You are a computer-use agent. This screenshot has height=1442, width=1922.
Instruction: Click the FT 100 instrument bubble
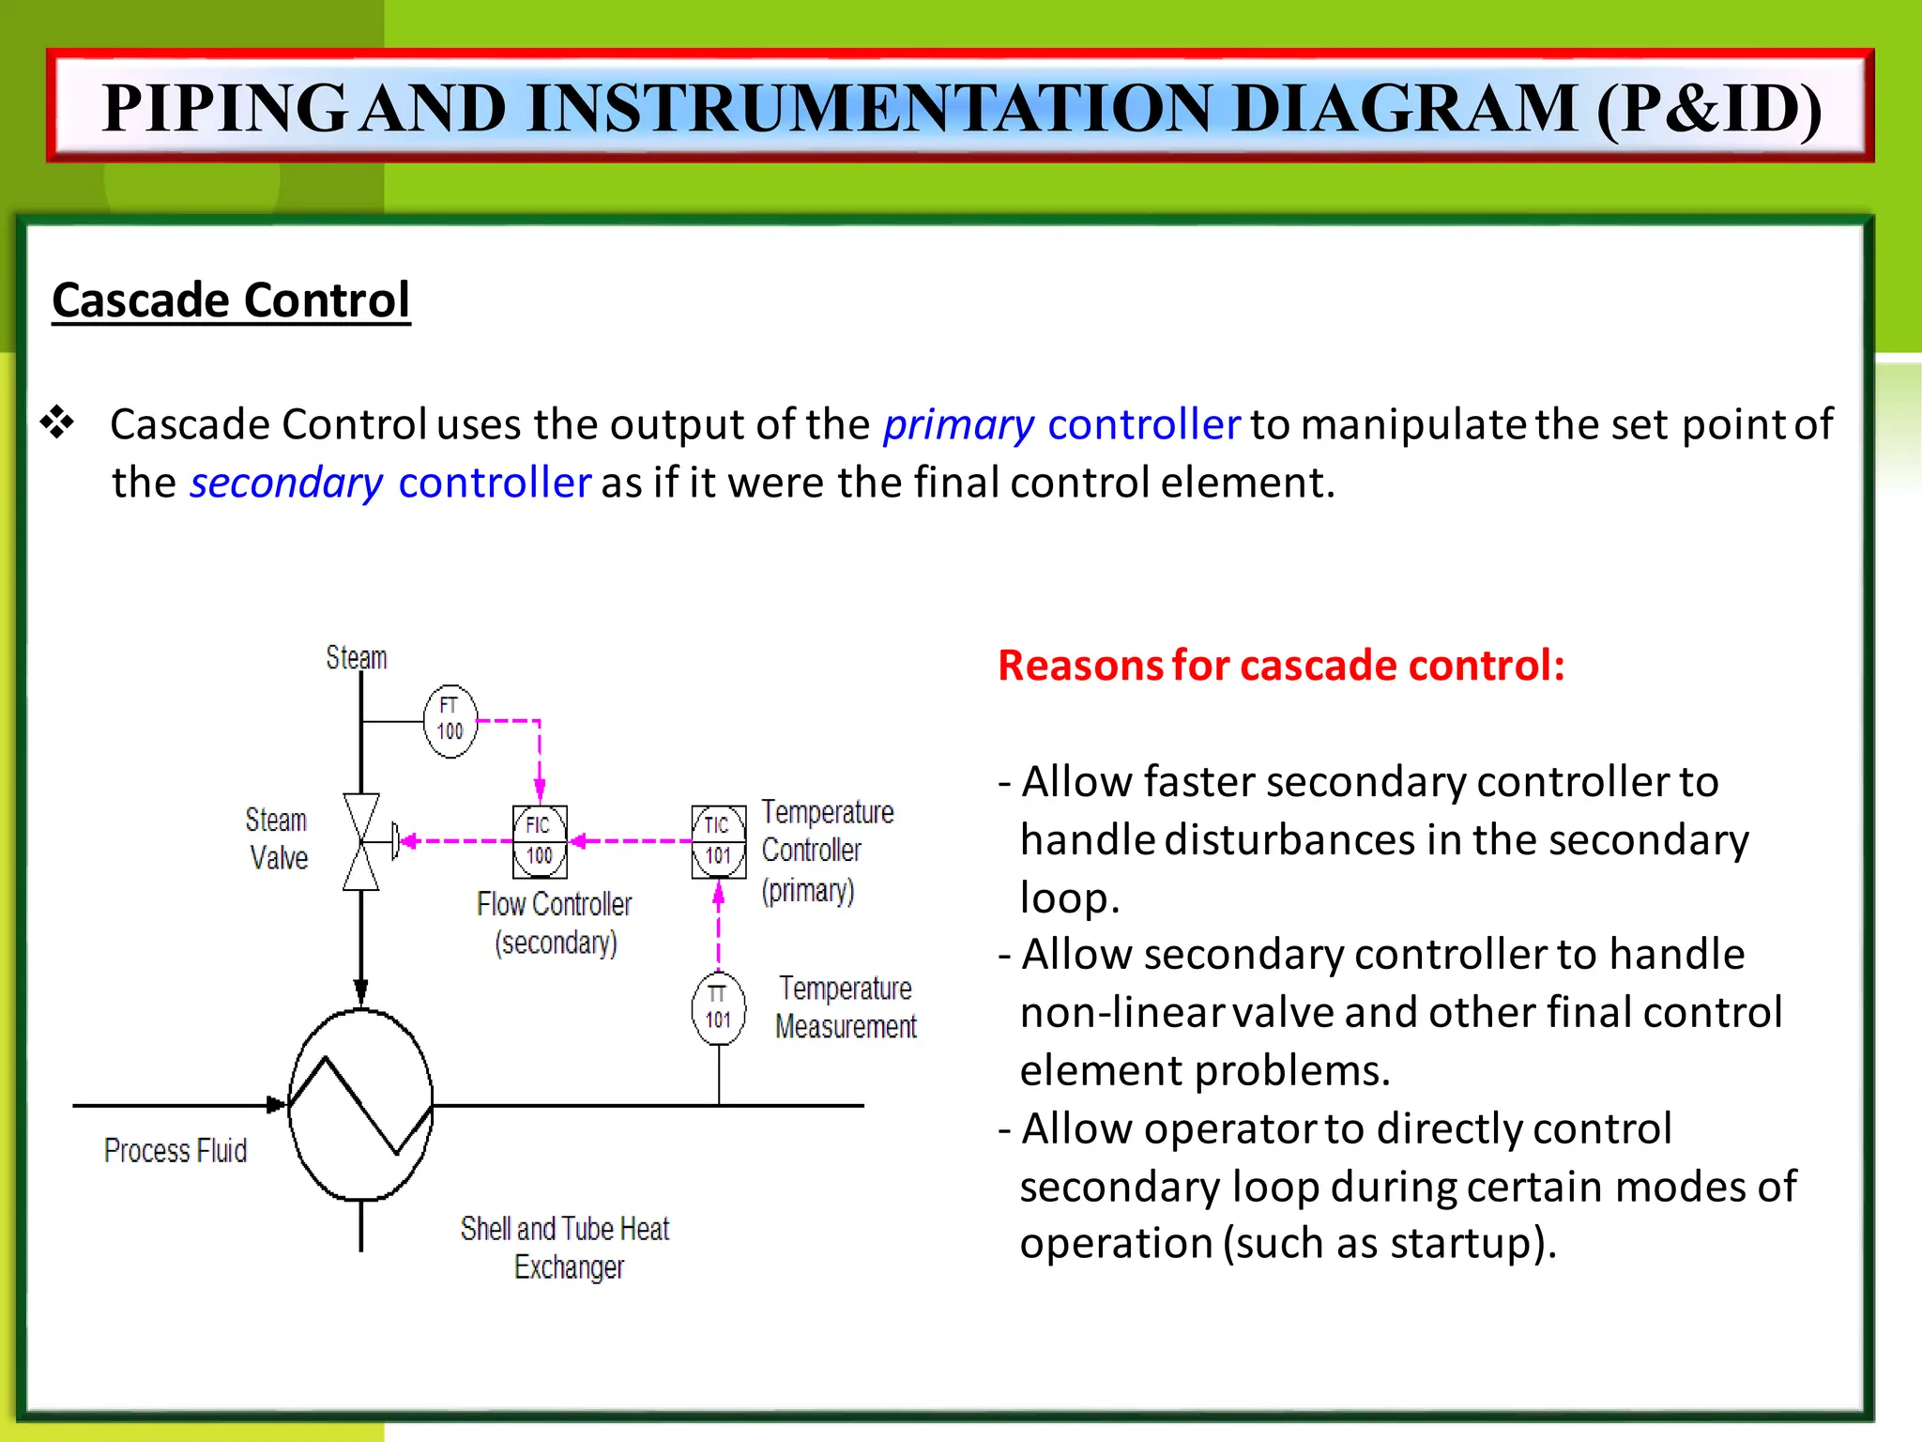[x=450, y=721]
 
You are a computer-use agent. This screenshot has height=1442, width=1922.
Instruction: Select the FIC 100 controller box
[x=540, y=841]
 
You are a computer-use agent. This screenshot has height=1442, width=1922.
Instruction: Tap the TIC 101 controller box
[x=719, y=841]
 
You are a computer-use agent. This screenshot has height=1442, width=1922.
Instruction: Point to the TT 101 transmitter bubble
[x=719, y=1008]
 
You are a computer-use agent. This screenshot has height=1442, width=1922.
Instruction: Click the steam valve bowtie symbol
[x=361, y=841]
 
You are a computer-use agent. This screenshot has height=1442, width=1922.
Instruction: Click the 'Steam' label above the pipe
[x=357, y=657]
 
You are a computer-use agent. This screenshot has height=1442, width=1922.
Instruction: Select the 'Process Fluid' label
[x=175, y=1150]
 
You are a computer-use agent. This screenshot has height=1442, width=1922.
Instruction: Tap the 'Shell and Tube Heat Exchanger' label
[x=566, y=1248]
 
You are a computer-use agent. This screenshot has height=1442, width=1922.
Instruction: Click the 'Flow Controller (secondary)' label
[x=555, y=923]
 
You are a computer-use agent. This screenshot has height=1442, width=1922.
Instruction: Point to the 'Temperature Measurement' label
[x=846, y=1007]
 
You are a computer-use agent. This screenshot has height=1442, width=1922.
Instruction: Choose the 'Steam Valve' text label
[x=277, y=838]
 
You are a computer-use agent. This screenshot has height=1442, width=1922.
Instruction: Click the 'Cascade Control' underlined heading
[x=231, y=300]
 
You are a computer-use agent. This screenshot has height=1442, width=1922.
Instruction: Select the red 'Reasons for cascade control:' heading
[x=1281, y=665]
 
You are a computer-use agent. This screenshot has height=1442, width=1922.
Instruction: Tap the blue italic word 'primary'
[x=958, y=425]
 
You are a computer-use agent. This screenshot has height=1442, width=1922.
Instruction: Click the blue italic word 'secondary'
[x=286, y=483]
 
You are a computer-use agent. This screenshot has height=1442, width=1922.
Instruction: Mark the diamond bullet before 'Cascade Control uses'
[x=57, y=422]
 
